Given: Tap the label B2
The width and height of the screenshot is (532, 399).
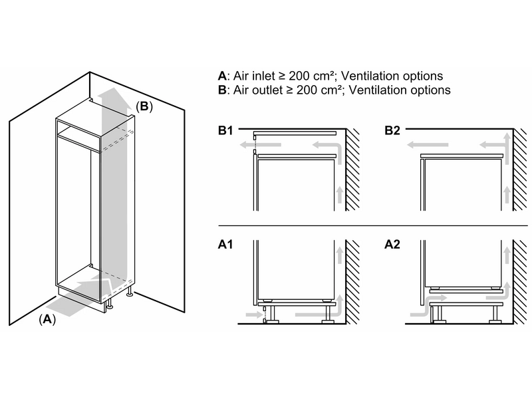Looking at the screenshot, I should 391,130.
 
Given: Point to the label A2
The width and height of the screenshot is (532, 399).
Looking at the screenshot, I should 391,245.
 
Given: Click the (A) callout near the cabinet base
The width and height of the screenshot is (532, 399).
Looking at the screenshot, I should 47,319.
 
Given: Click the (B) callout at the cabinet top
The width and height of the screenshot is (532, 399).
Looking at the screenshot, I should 145,106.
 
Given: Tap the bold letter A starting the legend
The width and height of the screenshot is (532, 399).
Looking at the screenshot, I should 222,77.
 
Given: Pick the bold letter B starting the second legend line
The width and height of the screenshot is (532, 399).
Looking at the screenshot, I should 222,90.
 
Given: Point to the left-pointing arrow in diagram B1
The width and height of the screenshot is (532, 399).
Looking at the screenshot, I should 249,144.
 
